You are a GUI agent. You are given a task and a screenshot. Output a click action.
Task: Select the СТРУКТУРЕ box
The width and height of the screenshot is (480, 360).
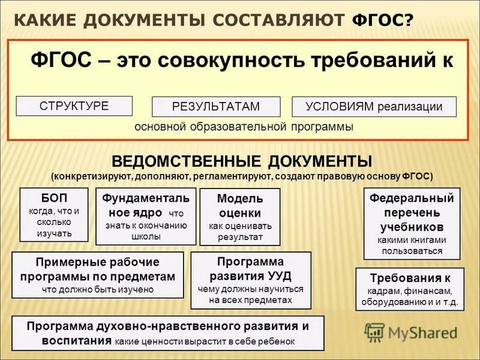pyautogui.click(x=74, y=106)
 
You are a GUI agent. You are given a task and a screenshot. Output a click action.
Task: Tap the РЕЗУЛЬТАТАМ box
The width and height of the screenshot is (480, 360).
pyautogui.click(x=215, y=106)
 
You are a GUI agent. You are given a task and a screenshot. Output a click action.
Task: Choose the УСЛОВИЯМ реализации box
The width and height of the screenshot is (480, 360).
pyautogui.click(x=374, y=106)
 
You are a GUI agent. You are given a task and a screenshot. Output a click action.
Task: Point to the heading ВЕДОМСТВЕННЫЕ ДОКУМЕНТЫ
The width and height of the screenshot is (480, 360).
pyautogui.click(x=242, y=161)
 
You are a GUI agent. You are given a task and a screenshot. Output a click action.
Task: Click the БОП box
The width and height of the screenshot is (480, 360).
pyautogui.click(x=54, y=214)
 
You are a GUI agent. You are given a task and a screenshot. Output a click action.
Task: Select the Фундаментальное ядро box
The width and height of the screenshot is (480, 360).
pyautogui.click(x=146, y=216)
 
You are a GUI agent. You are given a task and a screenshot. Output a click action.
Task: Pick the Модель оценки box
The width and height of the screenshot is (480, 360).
pyautogui.click(x=239, y=217)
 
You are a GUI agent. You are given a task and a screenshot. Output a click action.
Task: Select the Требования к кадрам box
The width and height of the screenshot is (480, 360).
pyautogui.click(x=410, y=289)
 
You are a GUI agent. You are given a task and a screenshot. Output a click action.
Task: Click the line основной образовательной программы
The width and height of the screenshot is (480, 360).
pyautogui.click(x=244, y=127)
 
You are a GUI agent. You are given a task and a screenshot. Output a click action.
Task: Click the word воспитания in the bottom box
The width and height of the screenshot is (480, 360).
pyautogui.click(x=77, y=340)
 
